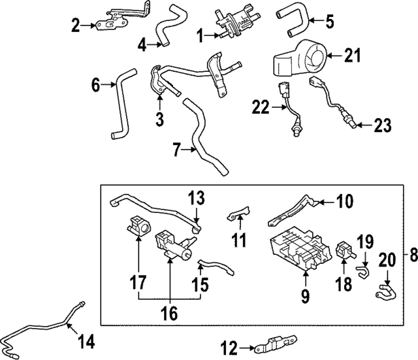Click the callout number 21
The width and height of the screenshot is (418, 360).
353,57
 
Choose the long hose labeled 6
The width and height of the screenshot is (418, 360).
121,108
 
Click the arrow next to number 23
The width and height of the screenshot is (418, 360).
364,123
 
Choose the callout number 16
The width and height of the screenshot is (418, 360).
170,314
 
